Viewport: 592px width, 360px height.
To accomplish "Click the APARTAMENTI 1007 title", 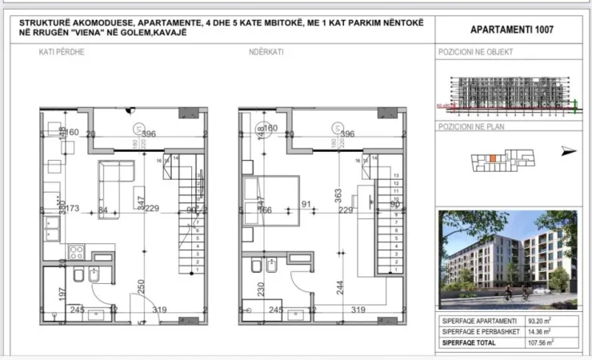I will (511, 30).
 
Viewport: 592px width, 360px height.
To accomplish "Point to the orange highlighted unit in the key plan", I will (494, 158).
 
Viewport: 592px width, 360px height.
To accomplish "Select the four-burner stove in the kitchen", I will (77, 252).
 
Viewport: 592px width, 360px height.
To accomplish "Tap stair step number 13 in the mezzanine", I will (396, 174).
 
